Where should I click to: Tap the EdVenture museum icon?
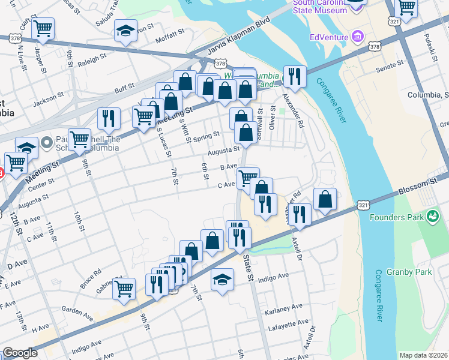358,37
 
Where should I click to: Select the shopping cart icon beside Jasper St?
43,28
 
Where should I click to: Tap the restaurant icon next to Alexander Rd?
294,76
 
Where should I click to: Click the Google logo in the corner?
19,353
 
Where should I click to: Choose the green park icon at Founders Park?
432,214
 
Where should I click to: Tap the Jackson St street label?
48,100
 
